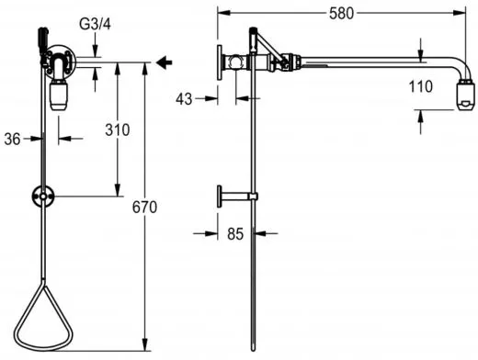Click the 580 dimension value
click(341, 14)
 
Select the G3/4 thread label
click(95, 24)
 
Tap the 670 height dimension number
click(144, 208)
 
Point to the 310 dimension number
click(118, 130)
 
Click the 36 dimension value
click(12, 140)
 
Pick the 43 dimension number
click(184, 99)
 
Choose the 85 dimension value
click(235, 234)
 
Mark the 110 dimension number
click(421, 86)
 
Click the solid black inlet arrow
click(165, 62)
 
